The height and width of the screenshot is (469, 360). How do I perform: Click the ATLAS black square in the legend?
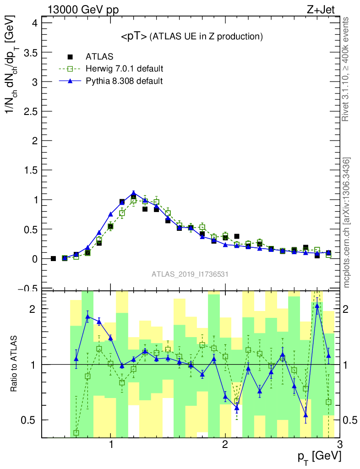71,57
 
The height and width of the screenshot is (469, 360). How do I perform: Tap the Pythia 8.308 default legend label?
124,81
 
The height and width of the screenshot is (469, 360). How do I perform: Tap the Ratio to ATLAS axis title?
14,364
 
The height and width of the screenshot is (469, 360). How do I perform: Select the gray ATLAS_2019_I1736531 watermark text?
190,274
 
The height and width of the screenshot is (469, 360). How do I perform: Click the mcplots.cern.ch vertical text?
347,222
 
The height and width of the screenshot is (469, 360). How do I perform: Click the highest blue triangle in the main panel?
133,193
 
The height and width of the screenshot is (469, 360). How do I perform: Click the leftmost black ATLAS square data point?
53,259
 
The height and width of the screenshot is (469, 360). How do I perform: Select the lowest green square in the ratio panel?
76,432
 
